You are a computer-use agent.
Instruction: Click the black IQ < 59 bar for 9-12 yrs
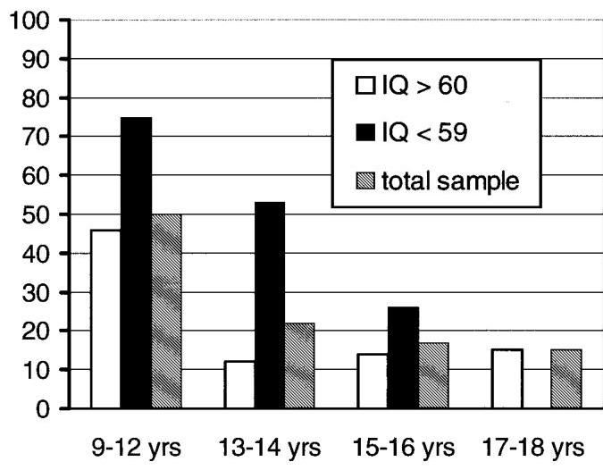click(137, 263)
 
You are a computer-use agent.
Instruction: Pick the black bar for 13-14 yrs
click(269, 305)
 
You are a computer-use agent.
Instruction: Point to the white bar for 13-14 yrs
click(239, 385)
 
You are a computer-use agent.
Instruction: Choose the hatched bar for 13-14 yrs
click(298, 365)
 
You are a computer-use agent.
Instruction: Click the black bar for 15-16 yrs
click(403, 357)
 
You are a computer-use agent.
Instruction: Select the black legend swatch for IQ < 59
click(363, 135)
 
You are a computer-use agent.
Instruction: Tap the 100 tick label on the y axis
click(33, 21)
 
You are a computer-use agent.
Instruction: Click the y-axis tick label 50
click(39, 214)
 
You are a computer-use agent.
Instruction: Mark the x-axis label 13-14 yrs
click(269, 447)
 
